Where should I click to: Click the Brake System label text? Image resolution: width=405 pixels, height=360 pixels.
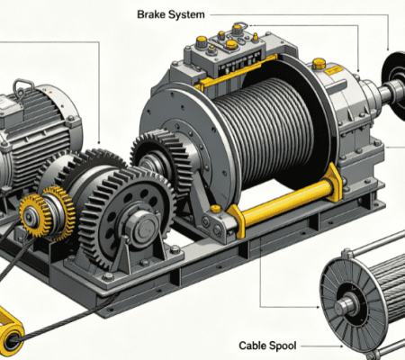point(171,14)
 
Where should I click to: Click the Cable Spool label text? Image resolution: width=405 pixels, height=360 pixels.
point(267,346)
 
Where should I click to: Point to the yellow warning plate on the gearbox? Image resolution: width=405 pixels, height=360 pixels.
point(333,70)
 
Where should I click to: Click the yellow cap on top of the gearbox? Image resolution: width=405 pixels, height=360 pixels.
point(319,63)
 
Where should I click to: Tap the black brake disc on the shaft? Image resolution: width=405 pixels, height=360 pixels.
point(393,85)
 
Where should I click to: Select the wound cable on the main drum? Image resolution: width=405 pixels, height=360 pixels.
point(264,132)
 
